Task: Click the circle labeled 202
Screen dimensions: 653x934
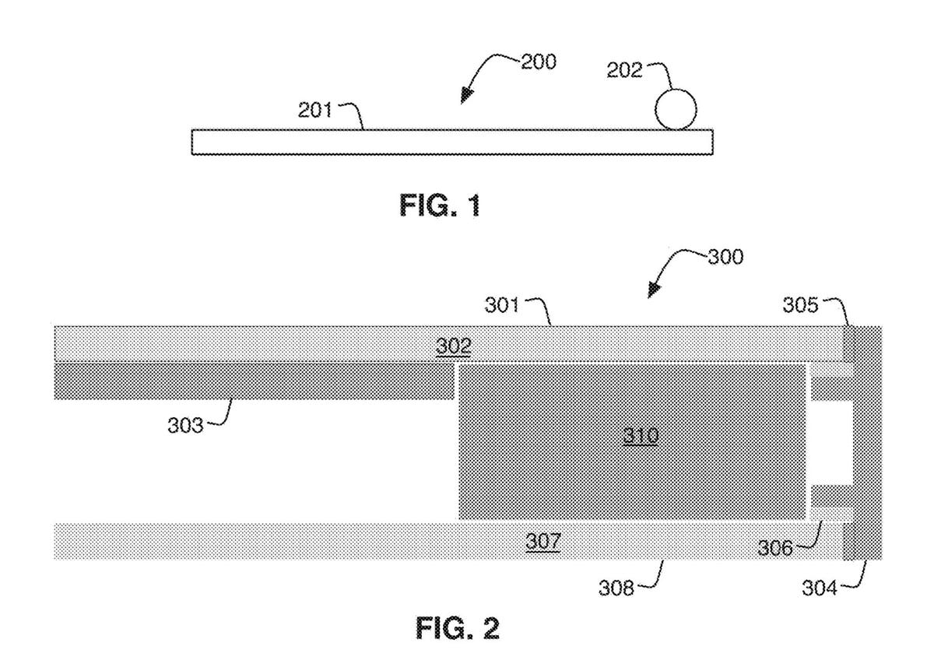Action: coord(676,109)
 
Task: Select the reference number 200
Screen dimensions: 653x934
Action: coord(538,62)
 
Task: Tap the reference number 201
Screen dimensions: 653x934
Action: coord(316,110)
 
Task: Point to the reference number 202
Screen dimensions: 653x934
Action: coord(625,70)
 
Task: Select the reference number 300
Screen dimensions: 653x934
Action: coord(725,258)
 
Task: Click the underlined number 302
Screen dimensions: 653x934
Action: coord(453,346)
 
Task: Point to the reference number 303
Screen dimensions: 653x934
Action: coord(185,427)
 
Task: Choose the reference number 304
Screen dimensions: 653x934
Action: coord(820,588)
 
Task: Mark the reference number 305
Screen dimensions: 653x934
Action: coord(801,306)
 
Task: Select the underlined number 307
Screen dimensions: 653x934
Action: coord(542,540)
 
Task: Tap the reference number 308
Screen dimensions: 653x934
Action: coord(616,589)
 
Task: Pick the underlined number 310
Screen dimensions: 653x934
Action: coord(641,437)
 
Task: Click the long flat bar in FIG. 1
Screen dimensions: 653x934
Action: coord(451,142)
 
